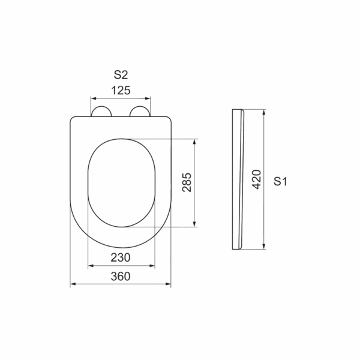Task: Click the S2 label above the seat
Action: pyautogui.click(x=121, y=74)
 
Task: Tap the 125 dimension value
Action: pyautogui.click(x=121, y=90)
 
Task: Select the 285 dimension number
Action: pyautogui.click(x=187, y=182)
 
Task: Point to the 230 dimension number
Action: pyautogui.click(x=121, y=257)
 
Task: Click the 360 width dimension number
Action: pyautogui.click(x=121, y=276)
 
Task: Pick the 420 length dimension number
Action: pyautogui.click(x=256, y=179)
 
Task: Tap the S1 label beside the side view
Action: pyautogui.click(x=280, y=181)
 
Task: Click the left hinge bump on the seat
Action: pyautogui.click(x=101, y=111)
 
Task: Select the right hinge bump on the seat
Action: pyautogui.click(x=140, y=111)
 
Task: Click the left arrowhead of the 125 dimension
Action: pyautogui.click(x=94, y=98)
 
